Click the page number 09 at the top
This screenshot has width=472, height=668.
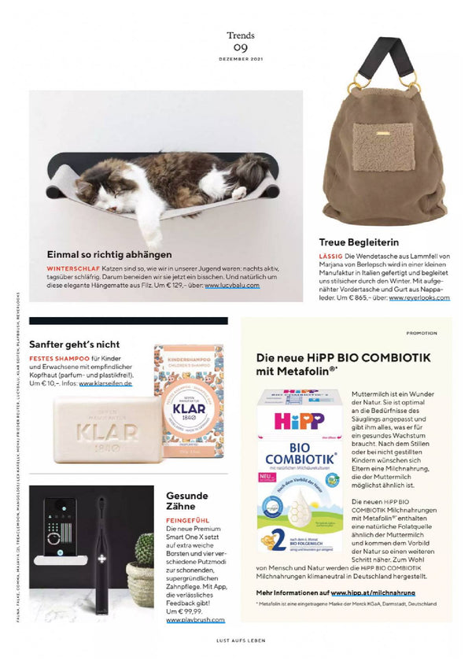coord(240,49)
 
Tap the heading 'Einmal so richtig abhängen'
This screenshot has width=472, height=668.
coord(109,254)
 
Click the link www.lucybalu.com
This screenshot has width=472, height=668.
coord(232,285)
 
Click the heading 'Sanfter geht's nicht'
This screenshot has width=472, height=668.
coord(75,344)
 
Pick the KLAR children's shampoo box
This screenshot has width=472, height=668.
coord(187,402)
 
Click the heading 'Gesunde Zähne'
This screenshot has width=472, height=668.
coord(187,502)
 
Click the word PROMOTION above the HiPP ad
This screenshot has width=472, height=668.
coord(422,333)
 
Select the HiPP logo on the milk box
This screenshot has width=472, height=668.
coord(299,419)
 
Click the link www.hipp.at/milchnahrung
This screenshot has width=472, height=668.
coord(373,591)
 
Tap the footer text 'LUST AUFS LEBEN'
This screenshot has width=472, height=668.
coord(240,640)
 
